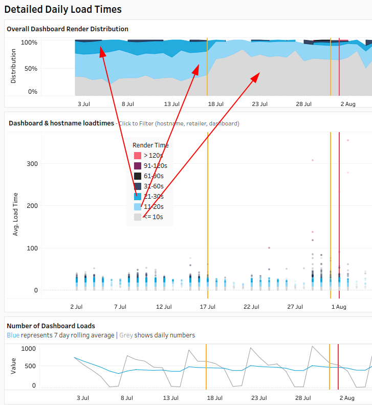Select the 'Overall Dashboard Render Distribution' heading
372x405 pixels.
(x=68, y=29)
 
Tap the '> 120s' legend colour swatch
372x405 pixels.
(x=138, y=155)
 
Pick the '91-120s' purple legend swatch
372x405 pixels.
(x=138, y=165)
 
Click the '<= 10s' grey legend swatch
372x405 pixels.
(x=138, y=217)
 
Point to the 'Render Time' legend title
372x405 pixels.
(x=150, y=145)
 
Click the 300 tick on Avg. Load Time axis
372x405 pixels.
(x=32, y=164)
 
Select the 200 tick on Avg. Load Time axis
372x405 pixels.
(x=32, y=206)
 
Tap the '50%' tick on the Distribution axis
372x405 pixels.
(x=32, y=69)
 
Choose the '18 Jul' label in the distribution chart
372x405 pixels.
(x=215, y=104)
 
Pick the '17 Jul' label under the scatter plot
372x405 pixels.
(x=207, y=307)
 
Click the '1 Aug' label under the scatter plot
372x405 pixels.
(x=339, y=307)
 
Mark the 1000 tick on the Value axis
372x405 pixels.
(x=29, y=349)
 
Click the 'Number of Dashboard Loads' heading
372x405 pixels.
(x=51, y=326)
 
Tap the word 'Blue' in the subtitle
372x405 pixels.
(x=13, y=335)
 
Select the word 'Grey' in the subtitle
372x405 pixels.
(x=126, y=335)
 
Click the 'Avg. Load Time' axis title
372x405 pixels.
(x=15, y=214)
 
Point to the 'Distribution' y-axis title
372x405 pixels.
(x=14, y=66)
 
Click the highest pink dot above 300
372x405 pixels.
(x=348, y=140)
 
